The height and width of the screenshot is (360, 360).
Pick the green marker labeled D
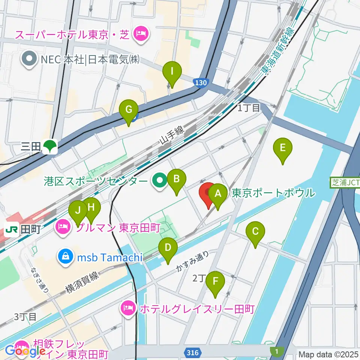click(x=168, y=248)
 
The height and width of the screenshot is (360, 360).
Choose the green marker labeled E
click(x=283, y=148)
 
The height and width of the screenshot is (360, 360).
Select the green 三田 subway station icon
click(x=49, y=147)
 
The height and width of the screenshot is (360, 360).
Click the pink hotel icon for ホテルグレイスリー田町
click(x=128, y=309)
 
